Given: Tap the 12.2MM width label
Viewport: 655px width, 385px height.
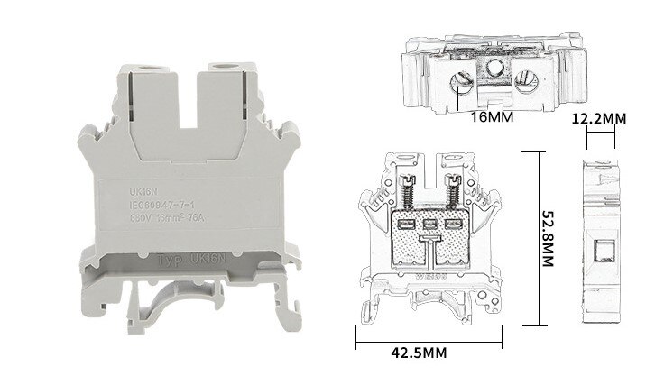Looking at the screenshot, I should click(601, 119).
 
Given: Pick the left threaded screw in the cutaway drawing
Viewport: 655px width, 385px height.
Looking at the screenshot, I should click(406, 191).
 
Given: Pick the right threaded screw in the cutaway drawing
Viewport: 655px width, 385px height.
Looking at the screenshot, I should click(454, 191).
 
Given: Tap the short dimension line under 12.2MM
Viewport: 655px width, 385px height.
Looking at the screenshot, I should click(601, 137).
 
